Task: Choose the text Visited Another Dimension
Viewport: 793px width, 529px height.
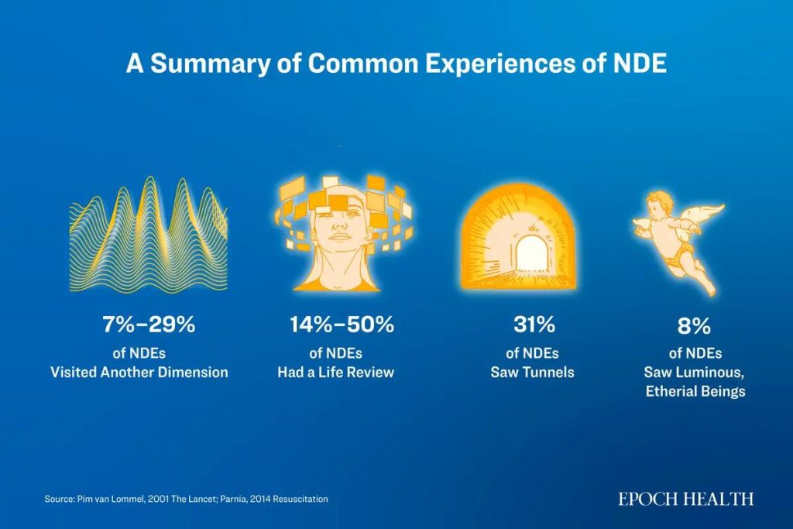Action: (139, 372)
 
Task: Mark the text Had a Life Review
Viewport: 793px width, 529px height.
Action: (335, 372)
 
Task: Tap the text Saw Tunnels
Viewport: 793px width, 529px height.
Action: (532, 372)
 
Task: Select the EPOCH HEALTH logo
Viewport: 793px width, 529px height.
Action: (685, 500)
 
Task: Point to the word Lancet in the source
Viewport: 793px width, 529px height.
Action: (193, 500)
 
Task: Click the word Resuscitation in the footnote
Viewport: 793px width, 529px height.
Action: (297, 500)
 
